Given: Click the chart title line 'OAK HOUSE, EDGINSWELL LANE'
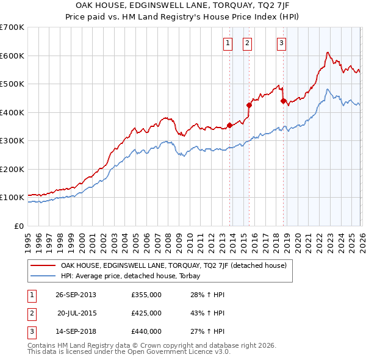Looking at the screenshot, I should coord(183,5).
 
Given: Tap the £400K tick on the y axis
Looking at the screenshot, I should coord(13,112).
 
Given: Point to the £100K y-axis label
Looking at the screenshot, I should coord(13,198).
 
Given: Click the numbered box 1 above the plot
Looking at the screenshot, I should coord(228,43).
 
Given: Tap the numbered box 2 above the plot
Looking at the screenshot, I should coord(247,43).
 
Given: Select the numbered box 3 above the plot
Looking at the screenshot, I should coord(281,43).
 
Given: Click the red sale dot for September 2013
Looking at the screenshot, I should coord(229,126).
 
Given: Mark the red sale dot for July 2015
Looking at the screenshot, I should coord(249,106).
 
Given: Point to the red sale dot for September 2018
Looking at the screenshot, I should coord(283,101).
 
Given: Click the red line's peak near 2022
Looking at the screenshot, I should coord(328,52).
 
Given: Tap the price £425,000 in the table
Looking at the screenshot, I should coord(146,313).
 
